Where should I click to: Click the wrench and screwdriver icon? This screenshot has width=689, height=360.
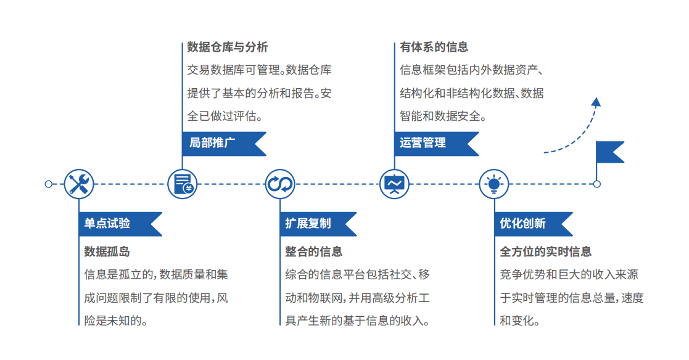(79, 184)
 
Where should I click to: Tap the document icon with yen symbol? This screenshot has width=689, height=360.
(183, 184)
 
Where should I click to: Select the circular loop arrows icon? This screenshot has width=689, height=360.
(280, 184)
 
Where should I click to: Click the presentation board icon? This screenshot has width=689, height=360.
(394, 184)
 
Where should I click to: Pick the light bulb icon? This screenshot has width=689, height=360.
(493, 184)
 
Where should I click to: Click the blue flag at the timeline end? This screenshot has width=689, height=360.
(609, 152)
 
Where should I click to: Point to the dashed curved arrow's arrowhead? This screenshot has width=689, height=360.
(595, 102)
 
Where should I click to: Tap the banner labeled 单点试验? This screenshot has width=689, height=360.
(117, 224)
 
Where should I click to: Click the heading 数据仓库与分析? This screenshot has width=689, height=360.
(228, 47)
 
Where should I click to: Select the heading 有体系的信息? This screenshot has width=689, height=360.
(434, 47)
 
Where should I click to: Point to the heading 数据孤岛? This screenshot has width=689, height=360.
(107, 252)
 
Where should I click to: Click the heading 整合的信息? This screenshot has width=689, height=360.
(313, 252)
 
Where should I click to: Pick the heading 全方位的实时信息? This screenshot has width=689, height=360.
(545, 252)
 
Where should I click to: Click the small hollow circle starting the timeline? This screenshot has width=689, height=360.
(49, 184)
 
